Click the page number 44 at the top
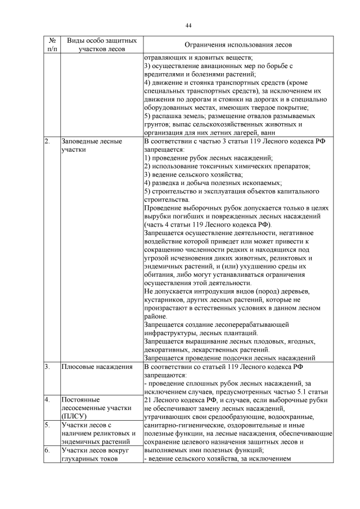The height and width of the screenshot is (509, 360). pyautogui.click(x=189, y=25)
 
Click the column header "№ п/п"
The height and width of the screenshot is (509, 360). pyautogui.click(x=52, y=45)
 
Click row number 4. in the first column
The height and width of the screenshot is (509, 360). pyautogui.click(x=47, y=399)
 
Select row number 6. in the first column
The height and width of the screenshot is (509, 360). pyautogui.click(x=47, y=451)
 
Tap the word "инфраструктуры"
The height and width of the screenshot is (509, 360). pyautogui.click(x=174, y=333)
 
